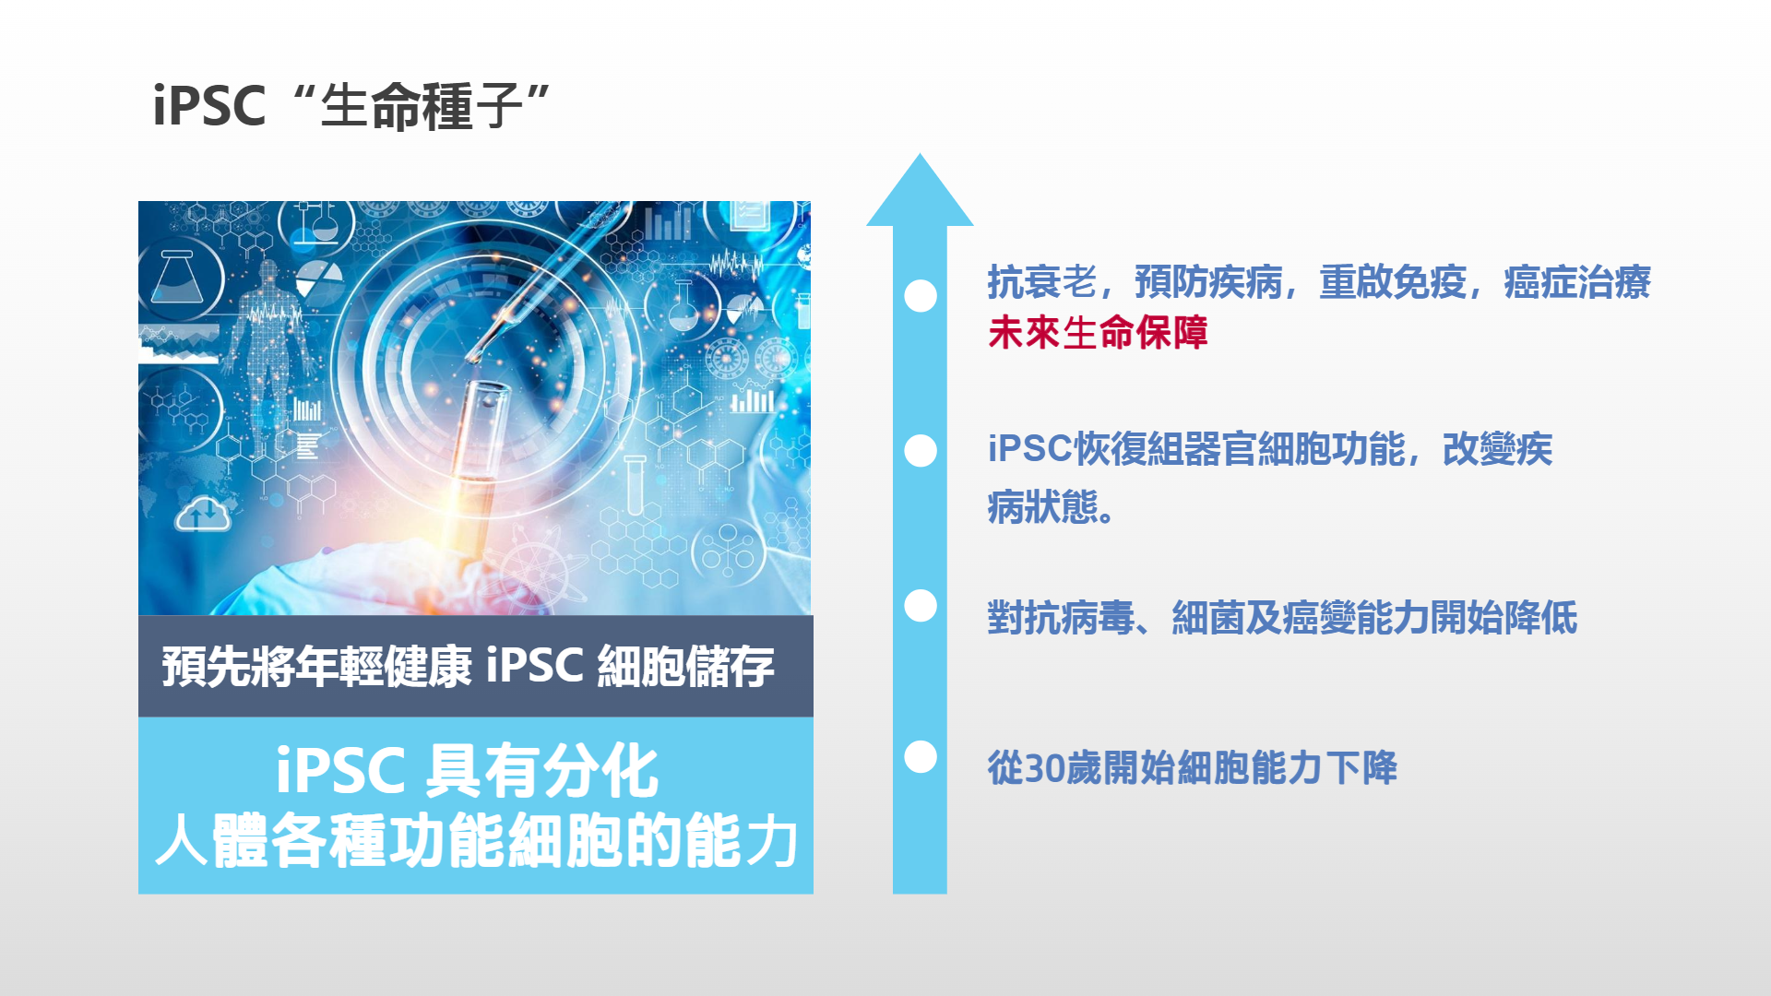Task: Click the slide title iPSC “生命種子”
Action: pyautogui.click(x=351, y=105)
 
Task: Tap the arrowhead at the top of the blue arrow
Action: pyautogui.click(x=920, y=191)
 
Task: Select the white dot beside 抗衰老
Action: pyautogui.click(x=921, y=296)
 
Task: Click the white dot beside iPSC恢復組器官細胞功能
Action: pyautogui.click(x=921, y=451)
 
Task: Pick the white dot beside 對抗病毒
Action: pyautogui.click(x=921, y=606)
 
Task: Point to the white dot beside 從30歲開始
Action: pyautogui.click(x=921, y=757)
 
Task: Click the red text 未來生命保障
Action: pyautogui.click(x=1098, y=333)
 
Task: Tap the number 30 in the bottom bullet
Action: pyautogui.click(x=1045, y=768)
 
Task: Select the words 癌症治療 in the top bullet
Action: pyautogui.click(x=1577, y=282)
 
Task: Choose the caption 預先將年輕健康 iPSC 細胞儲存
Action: pyautogui.click(x=469, y=666)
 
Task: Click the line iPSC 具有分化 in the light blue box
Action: pyautogui.click(x=468, y=771)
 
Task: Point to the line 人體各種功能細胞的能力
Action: pyautogui.click(x=476, y=840)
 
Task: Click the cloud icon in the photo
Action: pyautogui.click(x=203, y=515)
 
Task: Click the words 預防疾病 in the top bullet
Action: pyautogui.click(x=1208, y=282)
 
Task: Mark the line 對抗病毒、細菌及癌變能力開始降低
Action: pyautogui.click(x=1282, y=618)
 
